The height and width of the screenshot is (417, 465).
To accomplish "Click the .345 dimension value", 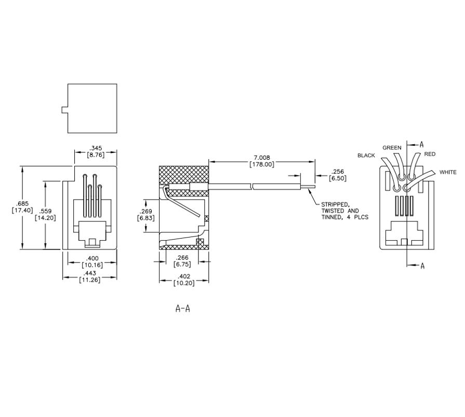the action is coord(96,148).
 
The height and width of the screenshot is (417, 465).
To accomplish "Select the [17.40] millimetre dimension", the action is coord(22,211).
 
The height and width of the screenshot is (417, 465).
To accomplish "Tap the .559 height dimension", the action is coord(45,211).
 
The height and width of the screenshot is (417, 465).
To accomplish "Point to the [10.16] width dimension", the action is coord(92,265).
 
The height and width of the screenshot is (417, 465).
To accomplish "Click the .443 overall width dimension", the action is coord(89,273).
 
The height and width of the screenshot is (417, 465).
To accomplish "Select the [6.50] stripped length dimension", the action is coord(338,178).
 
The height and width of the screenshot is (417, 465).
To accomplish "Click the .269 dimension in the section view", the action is coord(145,211).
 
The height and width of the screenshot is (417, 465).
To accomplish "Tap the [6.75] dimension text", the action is coord(182,265).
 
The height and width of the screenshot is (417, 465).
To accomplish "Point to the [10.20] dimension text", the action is coord(184,283).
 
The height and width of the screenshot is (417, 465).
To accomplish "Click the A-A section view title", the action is coord(183,309).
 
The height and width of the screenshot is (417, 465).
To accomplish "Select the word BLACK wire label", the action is coord(366,156).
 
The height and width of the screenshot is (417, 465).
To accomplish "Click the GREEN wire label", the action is coord(392,148).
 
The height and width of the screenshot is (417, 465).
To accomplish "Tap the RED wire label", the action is coord(430,154).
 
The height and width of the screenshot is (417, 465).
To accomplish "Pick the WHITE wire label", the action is coord(448,172).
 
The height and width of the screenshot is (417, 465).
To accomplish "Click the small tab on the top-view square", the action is coord(64,110).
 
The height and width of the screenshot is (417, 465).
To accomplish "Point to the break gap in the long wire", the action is coord(252,187).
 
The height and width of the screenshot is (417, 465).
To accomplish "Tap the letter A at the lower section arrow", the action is coord(422,266).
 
